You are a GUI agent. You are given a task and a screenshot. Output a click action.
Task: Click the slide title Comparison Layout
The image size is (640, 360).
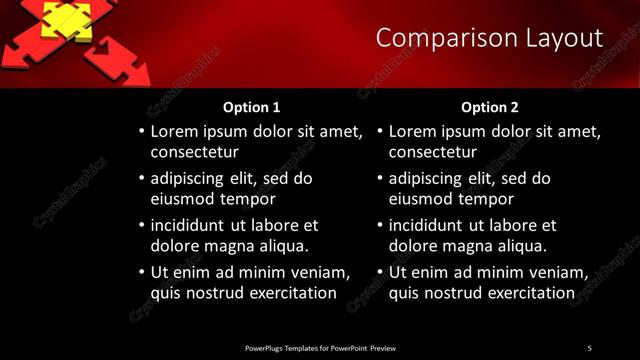[489, 39]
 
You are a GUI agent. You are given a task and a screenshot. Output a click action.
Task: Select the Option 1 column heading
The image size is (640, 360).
[250, 107]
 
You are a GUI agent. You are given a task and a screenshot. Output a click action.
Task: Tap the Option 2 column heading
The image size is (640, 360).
[489, 107]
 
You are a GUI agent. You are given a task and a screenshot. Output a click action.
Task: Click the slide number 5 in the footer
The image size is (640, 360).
[589, 348]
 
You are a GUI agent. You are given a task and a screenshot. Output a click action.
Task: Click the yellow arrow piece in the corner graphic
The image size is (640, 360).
[67, 19]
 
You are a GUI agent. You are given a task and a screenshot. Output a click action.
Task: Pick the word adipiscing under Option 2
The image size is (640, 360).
[427, 179]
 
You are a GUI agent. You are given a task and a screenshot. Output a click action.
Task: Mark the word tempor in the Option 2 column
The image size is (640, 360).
[481, 199]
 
